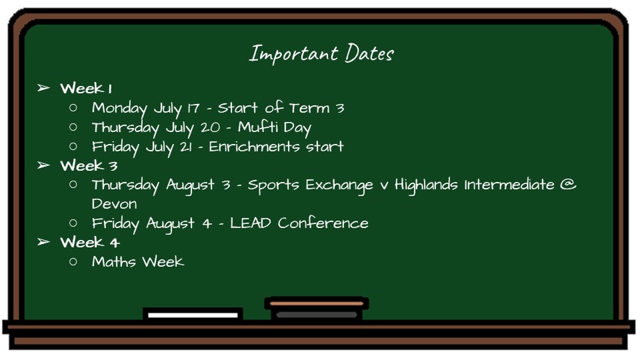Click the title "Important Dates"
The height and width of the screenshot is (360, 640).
pyautogui.click(x=321, y=54)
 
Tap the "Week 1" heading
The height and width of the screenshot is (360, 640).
pyautogui.click(x=86, y=88)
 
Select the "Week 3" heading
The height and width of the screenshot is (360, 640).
pyautogui.click(x=89, y=165)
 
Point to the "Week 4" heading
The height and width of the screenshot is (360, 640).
pyautogui.click(x=90, y=242)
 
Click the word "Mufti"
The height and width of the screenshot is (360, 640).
pyautogui.click(x=258, y=127)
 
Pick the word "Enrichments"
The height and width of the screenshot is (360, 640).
pyautogui.click(x=253, y=146)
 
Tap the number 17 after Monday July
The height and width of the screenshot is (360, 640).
pyautogui.click(x=193, y=108)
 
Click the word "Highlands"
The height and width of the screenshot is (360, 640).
pyautogui.click(x=426, y=185)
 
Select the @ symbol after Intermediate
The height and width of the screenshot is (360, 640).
pyautogui.click(x=568, y=185)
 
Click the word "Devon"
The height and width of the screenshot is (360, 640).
pyautogui.click(x=114, y=204)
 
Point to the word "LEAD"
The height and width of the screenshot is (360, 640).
pyautogui.click(x=250, y=223)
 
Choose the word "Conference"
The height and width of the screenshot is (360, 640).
pyautogui.click(x=323, y=223)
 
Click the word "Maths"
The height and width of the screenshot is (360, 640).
pyautogui.click(x=114, y=261)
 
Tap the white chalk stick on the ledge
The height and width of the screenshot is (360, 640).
pyautogui.click(x=193, y=315)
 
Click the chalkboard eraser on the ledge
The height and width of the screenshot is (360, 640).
pyautogui.click(x=316, y=309)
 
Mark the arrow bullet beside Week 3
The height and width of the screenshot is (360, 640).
pyautogui.click(x=44, y=165)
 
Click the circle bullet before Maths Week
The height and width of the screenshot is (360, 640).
pyautogui.click(x=73, y=261)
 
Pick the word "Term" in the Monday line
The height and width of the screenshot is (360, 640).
pyautogui.click(x=309, y=108)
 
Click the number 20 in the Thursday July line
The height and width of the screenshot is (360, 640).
pyautogui.click(x=210, y=127)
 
